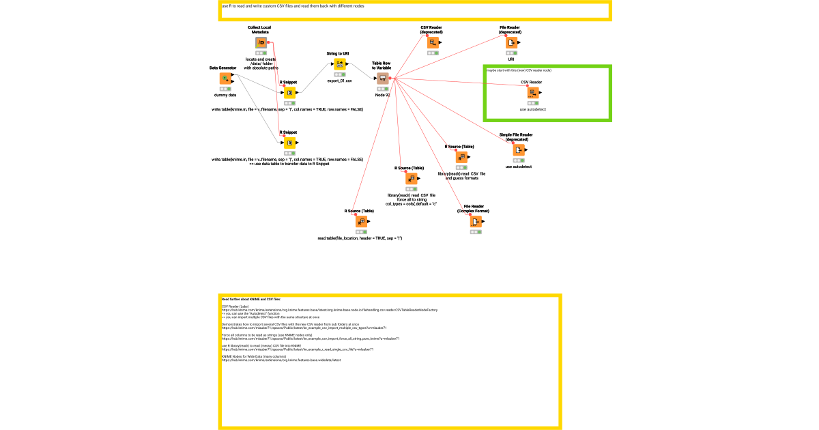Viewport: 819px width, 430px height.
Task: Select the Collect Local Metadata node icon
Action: [261, 43]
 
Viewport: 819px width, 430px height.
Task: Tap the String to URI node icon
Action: [339, 65]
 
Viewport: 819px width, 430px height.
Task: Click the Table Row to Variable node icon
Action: [382, 79]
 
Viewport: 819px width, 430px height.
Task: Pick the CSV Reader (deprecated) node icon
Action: [433, 43]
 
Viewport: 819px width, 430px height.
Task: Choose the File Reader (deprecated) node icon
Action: [511, 43]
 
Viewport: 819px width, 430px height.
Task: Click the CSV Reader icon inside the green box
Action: [532, 94]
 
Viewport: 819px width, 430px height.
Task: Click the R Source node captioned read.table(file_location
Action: [360, 222]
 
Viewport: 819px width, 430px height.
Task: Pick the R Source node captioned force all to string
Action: [411, 179]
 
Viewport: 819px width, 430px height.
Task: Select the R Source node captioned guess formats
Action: [461, 157]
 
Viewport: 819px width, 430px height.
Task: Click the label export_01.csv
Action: [339, 81]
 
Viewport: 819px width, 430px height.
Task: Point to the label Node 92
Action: [382, 96]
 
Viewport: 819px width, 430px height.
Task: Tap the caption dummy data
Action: [225, 96]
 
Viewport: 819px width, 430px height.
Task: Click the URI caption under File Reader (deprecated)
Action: [511, 59]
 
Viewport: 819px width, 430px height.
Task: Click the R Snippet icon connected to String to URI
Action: [289, 94]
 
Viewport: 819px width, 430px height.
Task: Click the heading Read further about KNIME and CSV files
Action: [250, 299]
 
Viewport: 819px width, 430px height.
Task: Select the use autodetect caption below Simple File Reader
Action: [519, 167]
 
